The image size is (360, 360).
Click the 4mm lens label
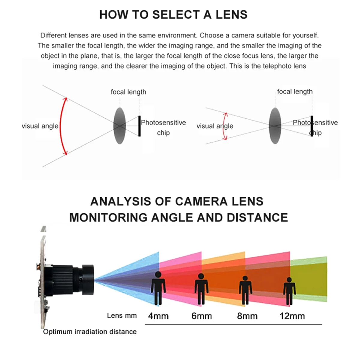coord(158,316)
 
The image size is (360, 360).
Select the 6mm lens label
coord(202,316)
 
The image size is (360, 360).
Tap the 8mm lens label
coord(247,316)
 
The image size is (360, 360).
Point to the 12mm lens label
coord(292,316)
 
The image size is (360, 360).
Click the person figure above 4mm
coord(158,288)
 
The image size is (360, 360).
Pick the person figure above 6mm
coord(201,289)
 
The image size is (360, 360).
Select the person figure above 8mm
coord(245,290)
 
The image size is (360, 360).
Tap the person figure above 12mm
coord(289,290)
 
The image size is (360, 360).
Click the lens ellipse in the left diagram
coord(119,126)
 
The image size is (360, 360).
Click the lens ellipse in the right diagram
coord(275,126)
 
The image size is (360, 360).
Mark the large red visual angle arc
coord(62,126)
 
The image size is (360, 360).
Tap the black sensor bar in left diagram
coord(139,126)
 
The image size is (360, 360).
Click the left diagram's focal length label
coord(128,92)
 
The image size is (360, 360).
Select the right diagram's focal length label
coord(295,91)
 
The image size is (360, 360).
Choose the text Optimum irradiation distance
coord(90,331)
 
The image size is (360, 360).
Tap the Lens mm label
coord(122,316)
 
